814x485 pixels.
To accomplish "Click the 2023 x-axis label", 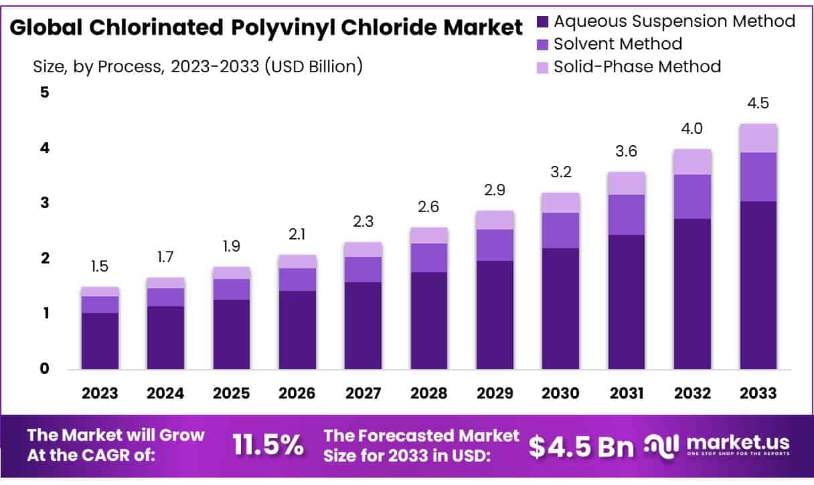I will [99, 393].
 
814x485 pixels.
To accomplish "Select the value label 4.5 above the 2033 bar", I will [758, 104].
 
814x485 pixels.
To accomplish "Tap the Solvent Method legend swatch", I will [543, 45].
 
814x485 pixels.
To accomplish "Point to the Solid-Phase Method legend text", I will [637, 67].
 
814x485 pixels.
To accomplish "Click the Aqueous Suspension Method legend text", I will [674, 21].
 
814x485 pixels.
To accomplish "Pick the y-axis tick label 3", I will [45, 203].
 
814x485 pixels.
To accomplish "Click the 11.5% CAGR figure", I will [268, 445].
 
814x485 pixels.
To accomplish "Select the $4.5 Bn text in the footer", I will [581, 446].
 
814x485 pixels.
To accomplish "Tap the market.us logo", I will [716, 444].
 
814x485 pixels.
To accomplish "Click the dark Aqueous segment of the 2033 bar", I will [758, 284].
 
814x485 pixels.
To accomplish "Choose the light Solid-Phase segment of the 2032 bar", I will [692, 161].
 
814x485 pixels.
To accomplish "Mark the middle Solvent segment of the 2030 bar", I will [560, 230].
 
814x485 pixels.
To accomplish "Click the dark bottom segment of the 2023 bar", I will [100, 341].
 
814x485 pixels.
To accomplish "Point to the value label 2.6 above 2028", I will [429, 207].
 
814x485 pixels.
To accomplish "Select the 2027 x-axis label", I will [363, 393].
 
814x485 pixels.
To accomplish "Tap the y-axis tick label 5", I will [45, 92].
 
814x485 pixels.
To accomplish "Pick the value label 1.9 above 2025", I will [232, 247].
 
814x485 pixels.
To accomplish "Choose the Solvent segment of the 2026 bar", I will [297, 280].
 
